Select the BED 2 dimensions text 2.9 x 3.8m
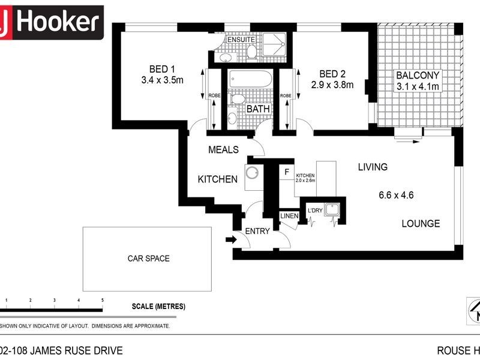click(x=332, y=85)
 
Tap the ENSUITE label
click(x=242, y=40)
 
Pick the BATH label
click(x=259, y=110)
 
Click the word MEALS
click(x=223, y=150)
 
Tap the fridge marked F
click(x=287, y=172)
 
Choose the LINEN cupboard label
click(x=287, y=215)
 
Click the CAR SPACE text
click(x=148, y=259)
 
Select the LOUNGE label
click(x=421, y=224)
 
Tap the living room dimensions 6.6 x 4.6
click(x=397, y=195)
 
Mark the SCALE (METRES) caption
click(x=158, y=306)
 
